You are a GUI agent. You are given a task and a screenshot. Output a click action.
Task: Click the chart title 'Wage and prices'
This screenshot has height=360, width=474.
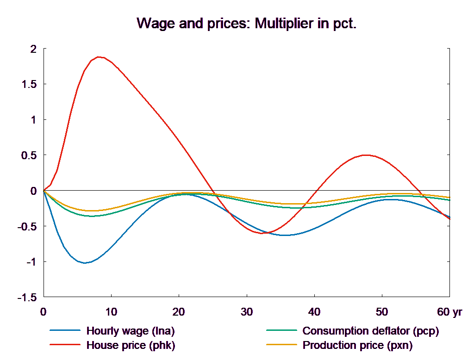point(247,24)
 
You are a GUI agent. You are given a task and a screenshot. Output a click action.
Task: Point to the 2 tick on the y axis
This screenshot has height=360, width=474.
point(33,49)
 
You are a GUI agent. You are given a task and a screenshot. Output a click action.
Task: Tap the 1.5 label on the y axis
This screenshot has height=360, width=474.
point(30,85)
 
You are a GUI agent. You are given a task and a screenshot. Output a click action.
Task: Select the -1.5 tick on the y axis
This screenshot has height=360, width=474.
point(27,298)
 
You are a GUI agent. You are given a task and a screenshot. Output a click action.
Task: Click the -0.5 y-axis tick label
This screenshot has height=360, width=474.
point(27,227)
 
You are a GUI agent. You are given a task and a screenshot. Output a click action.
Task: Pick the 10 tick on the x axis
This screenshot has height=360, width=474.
point(111,312)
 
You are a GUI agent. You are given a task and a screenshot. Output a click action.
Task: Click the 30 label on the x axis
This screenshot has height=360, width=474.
point(247,312)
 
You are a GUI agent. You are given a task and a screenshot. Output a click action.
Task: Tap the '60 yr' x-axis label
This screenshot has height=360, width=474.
point(449,312)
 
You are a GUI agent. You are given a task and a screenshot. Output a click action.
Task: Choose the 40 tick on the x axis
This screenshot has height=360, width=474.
point(314,312)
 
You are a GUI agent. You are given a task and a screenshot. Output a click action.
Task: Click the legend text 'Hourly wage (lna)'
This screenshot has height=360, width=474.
point(131,331)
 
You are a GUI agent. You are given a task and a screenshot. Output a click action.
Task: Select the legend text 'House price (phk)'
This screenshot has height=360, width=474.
point(131,345)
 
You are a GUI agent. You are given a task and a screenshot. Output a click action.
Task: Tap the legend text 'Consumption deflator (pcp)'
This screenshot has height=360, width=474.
point(370,331)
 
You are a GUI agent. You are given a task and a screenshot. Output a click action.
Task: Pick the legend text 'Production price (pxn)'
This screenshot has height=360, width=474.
point(357,345)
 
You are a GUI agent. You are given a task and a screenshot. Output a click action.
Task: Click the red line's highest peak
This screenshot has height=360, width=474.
point(99,57)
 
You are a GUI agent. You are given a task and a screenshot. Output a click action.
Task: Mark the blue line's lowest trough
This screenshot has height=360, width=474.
point(85,263)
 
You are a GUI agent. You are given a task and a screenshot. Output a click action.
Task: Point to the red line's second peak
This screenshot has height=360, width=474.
point(366,155)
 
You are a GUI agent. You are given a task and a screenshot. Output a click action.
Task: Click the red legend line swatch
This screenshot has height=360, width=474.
point(65,345)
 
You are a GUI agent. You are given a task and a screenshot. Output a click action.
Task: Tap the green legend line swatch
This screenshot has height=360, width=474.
point(281,331)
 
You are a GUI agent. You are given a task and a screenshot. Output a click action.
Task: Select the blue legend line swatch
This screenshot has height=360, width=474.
point(65,331)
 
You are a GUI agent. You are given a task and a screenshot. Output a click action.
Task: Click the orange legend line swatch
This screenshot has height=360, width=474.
point(281,345)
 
